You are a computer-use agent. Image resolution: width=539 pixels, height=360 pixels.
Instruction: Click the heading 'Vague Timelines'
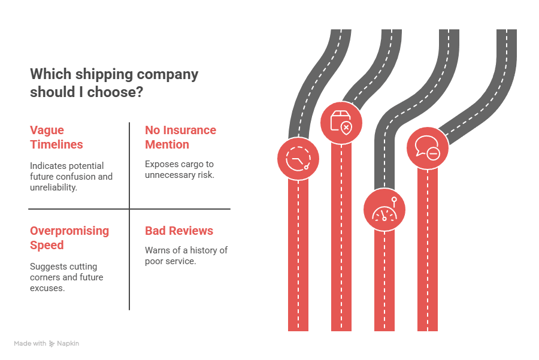(x=56, y=137)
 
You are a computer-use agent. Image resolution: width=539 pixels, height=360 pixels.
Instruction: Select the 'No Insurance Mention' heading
(x=180, y=137)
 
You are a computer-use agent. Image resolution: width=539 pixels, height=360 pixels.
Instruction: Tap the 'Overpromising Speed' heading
(x=69, y=238)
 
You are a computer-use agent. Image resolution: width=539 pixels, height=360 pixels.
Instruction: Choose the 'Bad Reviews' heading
(x=179, y=231)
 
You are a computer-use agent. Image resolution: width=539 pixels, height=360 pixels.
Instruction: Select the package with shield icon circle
(x=341, y=122)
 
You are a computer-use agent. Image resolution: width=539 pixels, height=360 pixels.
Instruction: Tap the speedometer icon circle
(x=384, y=210)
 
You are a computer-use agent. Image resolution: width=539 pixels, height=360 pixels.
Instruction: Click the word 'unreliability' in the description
(x=53, y=187)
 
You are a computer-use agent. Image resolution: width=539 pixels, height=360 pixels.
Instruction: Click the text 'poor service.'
(x=171, y=261)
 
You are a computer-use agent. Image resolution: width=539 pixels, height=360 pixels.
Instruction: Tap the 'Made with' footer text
(x=30, y=344)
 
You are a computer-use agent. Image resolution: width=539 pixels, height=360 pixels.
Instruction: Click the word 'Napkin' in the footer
(x=68, y=344)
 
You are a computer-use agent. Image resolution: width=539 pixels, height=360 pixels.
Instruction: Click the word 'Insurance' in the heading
(x=190, y=130)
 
